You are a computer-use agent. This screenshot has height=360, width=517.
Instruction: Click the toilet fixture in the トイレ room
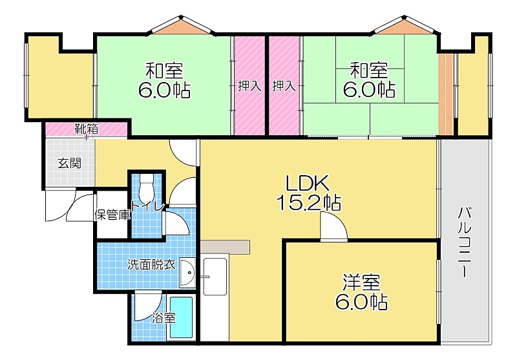pos(146,189)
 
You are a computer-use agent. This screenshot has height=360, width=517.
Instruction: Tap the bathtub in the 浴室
pos(181,317)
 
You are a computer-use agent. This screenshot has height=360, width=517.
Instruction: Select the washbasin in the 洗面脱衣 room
pos(188,272)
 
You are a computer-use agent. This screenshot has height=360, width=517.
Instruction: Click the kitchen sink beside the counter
pos(215,276)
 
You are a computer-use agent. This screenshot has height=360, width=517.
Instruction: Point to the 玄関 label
pos(70,163)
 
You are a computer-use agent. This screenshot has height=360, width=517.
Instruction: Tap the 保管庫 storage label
pos(112,215)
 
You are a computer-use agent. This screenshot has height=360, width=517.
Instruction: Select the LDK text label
pos(307,184)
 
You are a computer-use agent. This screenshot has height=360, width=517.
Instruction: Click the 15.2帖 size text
pos(309,203)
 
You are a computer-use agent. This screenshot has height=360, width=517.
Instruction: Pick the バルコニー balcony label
pos(465,241)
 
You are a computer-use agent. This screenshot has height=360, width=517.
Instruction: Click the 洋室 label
pos(361,282)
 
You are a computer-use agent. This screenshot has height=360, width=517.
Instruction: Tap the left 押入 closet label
pos(249,87)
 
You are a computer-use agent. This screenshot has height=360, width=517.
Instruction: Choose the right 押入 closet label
pos(284,87)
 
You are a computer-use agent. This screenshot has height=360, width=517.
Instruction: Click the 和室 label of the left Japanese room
pos(164,70)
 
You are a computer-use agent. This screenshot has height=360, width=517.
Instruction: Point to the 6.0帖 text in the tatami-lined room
pos(369,89)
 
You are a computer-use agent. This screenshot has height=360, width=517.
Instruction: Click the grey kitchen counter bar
pos(225,247)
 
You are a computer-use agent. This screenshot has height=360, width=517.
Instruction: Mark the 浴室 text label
pos(164,319)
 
